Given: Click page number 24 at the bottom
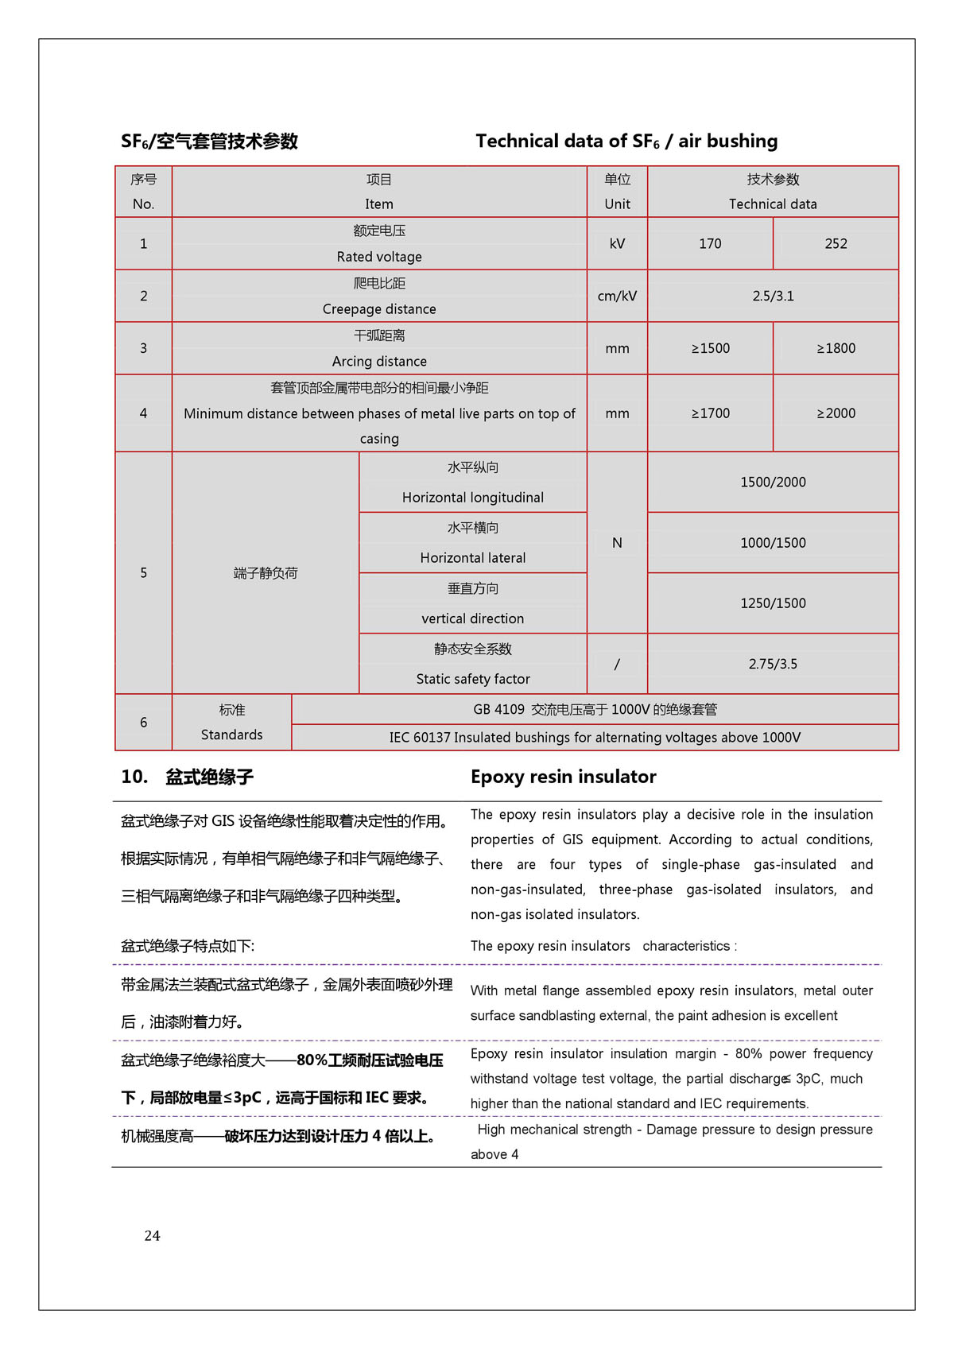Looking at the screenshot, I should click(x=152, y=1235).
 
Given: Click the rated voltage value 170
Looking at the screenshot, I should click(x=710, y=244).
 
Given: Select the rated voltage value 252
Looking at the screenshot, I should click(x=836, y=244).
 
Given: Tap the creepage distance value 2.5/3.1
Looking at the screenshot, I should click(x=773, y=296).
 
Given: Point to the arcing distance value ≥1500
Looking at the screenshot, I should click(x=710, y=348).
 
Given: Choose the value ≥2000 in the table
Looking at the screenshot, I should click(x=836, y=413).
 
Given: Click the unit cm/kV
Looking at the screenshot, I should click(x=617, y=296).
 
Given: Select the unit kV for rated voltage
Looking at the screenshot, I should click(x=617, y=244).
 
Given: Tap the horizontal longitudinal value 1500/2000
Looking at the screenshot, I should click(x=773, y=482).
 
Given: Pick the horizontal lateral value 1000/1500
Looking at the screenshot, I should click(x=773, y=543).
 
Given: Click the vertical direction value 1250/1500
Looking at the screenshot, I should click(x=773, y=603).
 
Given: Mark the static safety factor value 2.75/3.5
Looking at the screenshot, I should click(x=773, y=664).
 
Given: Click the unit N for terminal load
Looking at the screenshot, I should click(x=617, y=543).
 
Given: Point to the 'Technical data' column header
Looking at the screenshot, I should click(x=773, y=204).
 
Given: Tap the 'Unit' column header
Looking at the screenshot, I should click(x=617, y=204).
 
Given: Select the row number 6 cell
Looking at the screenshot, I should click(x=143, y=723).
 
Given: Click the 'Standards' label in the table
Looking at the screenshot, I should click(x=231, y=735).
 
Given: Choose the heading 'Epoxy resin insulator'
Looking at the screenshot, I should click(x=563, y=777).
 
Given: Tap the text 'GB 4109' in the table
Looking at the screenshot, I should click(x=498, y=710).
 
